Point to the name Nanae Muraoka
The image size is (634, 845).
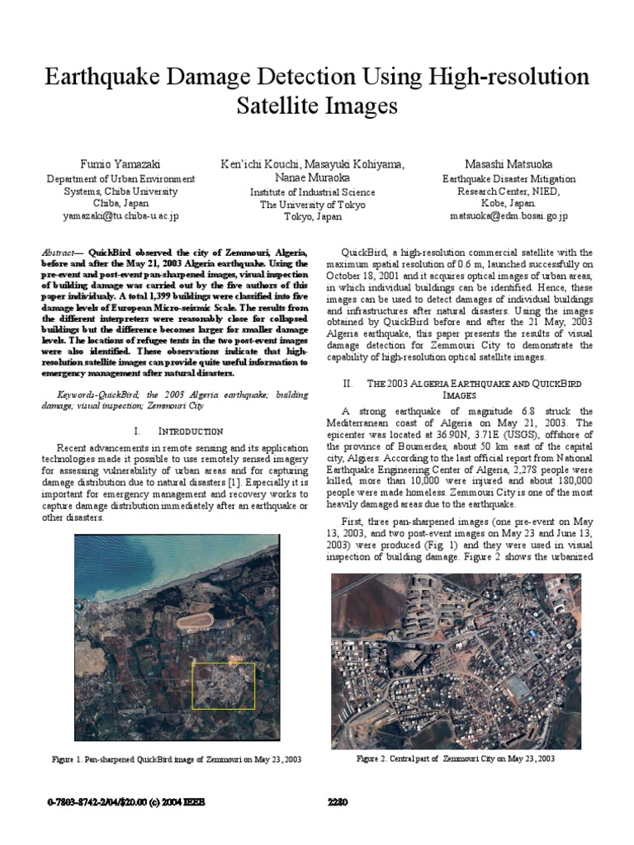(x=312, y=177)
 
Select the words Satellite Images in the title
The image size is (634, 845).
(x=317, y=106)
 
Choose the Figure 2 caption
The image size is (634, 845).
(x=455, y=758)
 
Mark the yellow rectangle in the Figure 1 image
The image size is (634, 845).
(x=224, y=685)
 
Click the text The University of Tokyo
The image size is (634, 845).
(x=312, y=205)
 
